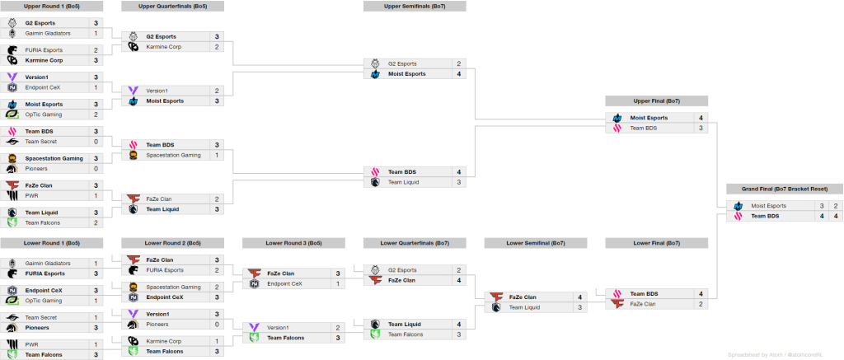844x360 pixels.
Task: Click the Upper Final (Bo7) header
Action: pos(656,101)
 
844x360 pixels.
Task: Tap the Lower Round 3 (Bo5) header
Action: pos(293,243)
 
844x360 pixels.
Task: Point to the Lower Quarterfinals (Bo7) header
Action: pos(414,243)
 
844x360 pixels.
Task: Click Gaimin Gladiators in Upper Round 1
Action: pos(48,33)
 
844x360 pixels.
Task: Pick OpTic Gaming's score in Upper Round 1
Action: pos(96,115)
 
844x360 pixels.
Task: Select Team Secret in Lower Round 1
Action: pos(42,317)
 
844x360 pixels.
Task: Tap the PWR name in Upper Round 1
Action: pos(32,196)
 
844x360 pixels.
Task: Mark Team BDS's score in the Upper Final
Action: pos(701,129)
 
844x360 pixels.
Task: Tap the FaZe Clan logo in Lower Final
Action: pos(617,304)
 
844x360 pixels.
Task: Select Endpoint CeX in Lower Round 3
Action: pos(284,283)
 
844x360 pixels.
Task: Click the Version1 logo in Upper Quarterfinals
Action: pos(133,91)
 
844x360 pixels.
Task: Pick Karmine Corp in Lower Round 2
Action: pos(165,341)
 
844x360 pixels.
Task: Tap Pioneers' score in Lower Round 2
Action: pos(217,325)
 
